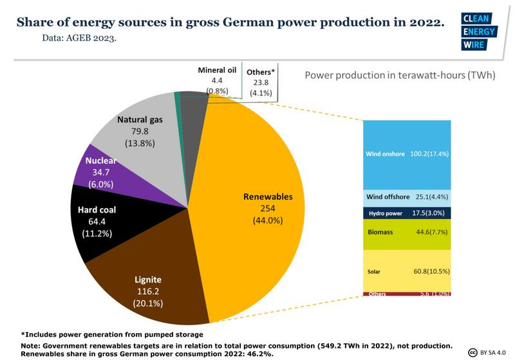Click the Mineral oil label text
[217, 70]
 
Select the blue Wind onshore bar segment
[406, 155]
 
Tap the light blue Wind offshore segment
[406, 196]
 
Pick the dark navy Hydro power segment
[406, 213]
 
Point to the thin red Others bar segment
[406, 294]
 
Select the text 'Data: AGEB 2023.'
[79, 38]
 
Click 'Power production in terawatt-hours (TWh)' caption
[400, 75]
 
